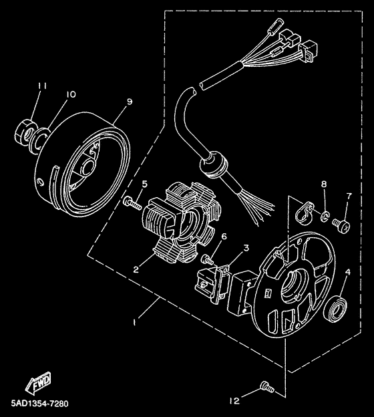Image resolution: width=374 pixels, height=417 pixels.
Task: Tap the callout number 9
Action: [x=129, y=102]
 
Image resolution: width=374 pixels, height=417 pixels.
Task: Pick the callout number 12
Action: [x=234, y=401]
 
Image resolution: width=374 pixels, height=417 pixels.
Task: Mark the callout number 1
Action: [x=136, y=322]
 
